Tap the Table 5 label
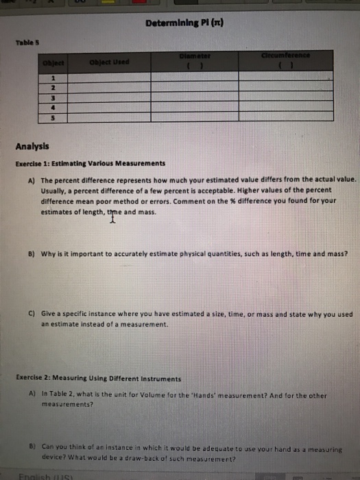click(25, 41)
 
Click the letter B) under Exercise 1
click(32, 254)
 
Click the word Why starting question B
click(49, 254)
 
